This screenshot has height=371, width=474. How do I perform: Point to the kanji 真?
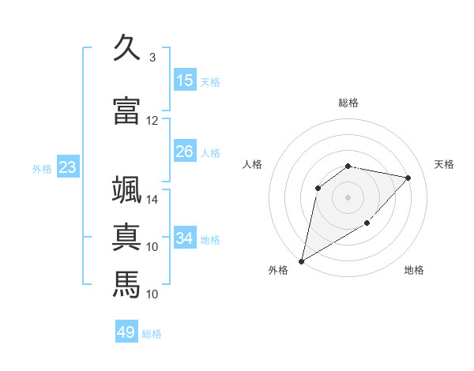126,236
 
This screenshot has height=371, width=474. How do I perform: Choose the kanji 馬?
126,283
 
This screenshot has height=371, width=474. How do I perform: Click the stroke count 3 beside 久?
152,58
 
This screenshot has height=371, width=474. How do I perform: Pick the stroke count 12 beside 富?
152,121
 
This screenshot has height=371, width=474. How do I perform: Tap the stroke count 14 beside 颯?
152,200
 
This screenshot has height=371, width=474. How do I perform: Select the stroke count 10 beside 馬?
152,294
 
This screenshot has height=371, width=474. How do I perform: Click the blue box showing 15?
185,81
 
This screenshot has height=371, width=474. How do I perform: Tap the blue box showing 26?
185,152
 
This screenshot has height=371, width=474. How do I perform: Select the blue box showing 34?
185,238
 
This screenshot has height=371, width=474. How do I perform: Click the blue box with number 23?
67,167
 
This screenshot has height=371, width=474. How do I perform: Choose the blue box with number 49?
126,333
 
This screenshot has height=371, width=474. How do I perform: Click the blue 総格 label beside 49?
152,334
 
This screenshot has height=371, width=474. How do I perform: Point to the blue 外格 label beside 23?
41,168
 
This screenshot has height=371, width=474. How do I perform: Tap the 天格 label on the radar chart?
444,164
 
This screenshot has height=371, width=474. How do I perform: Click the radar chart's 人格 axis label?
253,164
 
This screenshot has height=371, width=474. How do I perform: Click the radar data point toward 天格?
408,178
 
